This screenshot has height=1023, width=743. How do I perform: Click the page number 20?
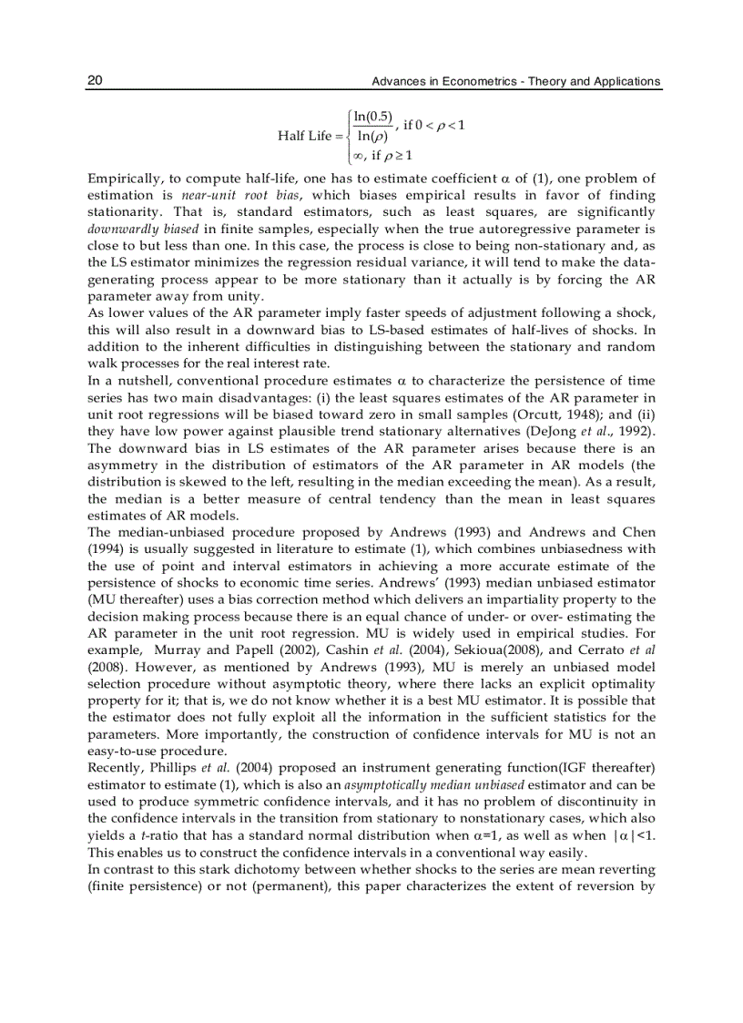click(x=95, y=81)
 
